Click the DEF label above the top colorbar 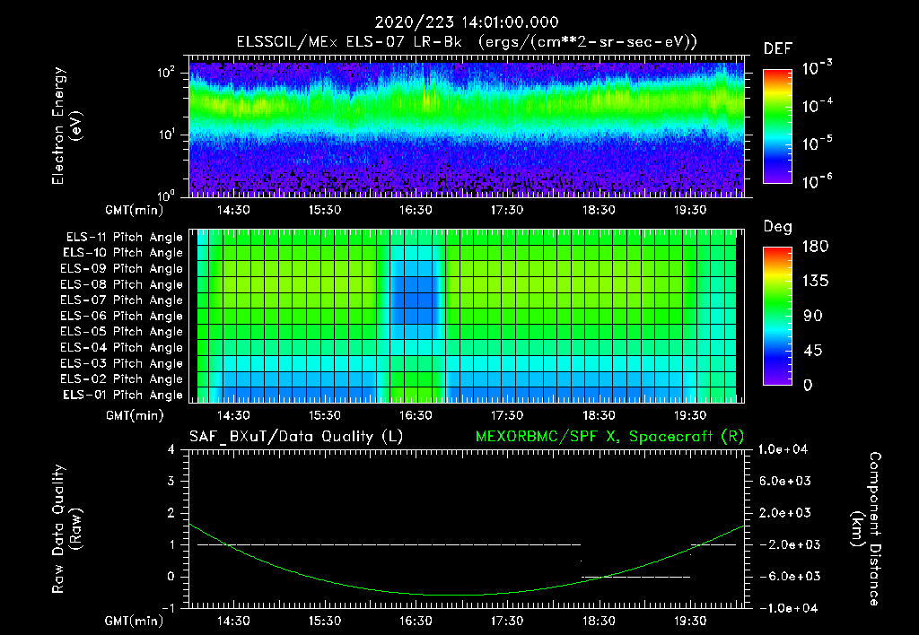(777, 48)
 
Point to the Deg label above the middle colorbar (777, 227)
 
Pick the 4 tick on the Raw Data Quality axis (171, 449)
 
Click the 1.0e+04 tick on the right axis (785, 449)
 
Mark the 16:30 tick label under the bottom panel (416, 621)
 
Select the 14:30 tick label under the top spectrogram (233, 210)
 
